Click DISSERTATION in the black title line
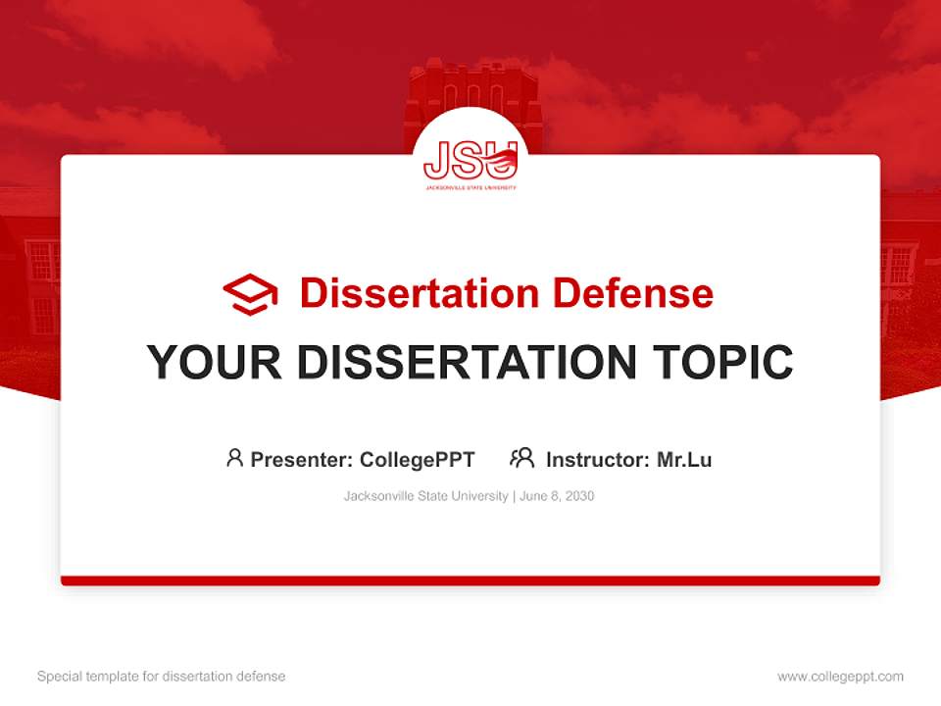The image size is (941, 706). click(x=466, y=362)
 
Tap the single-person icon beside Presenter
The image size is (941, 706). click(x=234, y=458)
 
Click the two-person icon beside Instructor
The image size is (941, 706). click(x=521, y=458)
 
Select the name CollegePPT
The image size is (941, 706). click(x=417, y=459)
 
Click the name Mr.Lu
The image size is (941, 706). click(x=684, y=459)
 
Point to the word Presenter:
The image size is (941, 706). click(x=302, y=459)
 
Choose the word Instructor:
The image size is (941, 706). click(x=598, y=459)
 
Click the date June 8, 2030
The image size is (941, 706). click(x=557, y=496)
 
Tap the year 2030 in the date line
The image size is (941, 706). click(x=578, y=496)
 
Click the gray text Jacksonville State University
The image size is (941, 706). click(x=425, y=496)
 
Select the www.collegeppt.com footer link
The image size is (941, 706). click(x=840, y=677)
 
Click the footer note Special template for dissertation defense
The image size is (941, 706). click(x=161, y=677)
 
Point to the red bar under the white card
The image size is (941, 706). click(x=470, y=580)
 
